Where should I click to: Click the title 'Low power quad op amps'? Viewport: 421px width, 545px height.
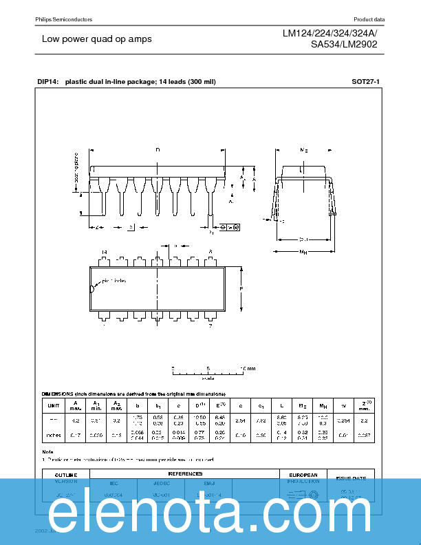click(x=96, y=39)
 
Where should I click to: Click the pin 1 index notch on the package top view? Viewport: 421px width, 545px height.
click(x=91, y=289)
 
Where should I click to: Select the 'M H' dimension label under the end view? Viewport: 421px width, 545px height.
click(x=303, y=253)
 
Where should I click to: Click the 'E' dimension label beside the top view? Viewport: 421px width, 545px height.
click(x=241, y=289)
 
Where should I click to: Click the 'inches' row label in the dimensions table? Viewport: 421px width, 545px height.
click(x=52, y=435)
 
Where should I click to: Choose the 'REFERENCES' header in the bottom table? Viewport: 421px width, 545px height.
click(x=185, y=473)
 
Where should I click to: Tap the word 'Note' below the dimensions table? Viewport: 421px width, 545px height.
click(x=47, y=451)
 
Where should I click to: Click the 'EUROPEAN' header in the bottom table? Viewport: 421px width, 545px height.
click(x=303, y=474)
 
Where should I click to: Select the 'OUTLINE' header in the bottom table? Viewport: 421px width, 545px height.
click(x=67, y=474)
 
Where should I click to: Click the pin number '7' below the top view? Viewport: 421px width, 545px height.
click(x=210, y=325)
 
